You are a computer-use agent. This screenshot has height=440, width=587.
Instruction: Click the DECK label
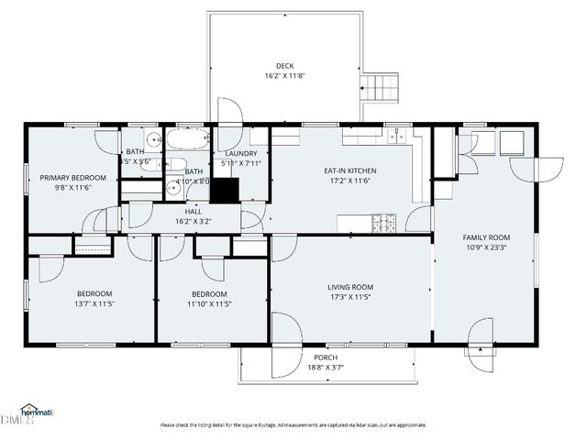pos(284,65)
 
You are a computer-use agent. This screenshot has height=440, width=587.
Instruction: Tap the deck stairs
pos(381,89)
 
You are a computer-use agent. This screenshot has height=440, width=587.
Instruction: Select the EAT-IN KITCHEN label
pos(349,170)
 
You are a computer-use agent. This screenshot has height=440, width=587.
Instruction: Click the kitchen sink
pos(395,137)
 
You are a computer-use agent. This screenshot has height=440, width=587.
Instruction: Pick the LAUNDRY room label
pos(241,153)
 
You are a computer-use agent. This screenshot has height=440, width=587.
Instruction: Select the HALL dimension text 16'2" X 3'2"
pos(193,221)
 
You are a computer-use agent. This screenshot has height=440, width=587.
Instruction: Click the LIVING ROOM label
pos(350,286)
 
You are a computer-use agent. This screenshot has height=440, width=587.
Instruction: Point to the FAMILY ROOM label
pos(486,237)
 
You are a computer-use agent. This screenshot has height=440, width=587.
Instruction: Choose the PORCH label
pos(326,357)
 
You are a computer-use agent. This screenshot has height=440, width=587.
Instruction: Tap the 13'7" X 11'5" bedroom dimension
pos(94,303)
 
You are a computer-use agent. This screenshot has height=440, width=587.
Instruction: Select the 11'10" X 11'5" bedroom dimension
pos(210,303)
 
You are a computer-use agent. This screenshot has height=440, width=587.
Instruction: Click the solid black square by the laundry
pos(225,189)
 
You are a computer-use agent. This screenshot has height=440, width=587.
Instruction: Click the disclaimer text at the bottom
pos(293,424)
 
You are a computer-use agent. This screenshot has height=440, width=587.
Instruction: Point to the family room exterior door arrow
pos(478,349)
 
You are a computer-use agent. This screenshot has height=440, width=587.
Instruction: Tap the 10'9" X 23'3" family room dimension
pos(486,247)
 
